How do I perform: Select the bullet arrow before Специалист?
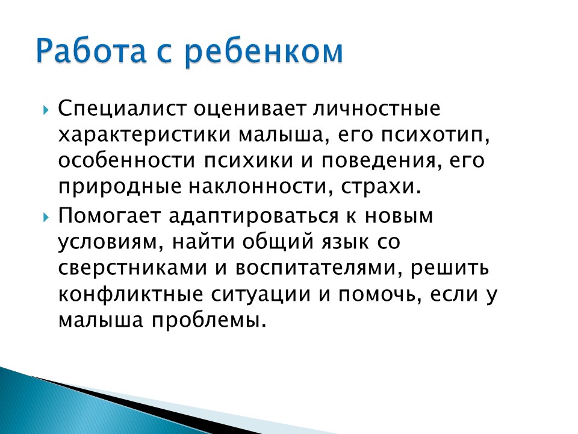click(x=46, y=110)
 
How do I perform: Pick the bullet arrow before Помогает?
click(x=46, y=217)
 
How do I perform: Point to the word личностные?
click(x=377, y=109)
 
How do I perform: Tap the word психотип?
click(x=435, y=135)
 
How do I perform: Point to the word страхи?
click(x=381, y=187)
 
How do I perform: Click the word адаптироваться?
click(x=253, y=216)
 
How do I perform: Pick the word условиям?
click(x=110, y=243)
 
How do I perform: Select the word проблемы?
click(x=209, y=320)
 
